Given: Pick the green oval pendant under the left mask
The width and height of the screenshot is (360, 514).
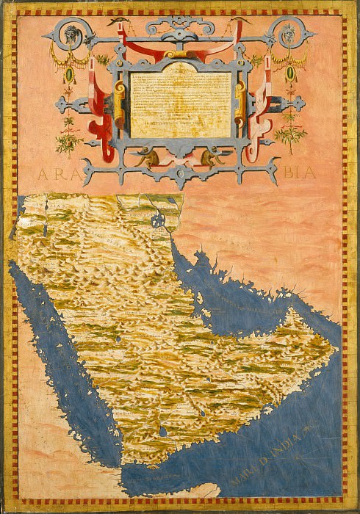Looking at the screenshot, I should [69, 75].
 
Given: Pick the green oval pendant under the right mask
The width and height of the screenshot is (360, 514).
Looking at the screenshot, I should [289, 75].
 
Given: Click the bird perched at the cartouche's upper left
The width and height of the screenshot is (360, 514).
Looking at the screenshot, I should [118, 23].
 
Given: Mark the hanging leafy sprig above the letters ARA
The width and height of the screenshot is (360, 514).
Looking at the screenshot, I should [69, 136].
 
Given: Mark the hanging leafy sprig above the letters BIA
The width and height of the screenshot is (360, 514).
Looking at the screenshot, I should [289, 136].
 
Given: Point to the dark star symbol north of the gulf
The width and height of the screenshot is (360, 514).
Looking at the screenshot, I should [156, 219].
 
